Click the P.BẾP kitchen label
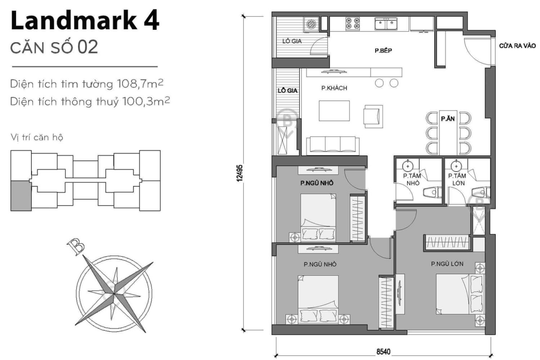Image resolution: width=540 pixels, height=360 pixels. click(383, 51)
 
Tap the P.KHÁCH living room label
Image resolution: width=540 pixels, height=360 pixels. click(334, 88)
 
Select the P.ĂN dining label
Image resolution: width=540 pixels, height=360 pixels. click(448, 119)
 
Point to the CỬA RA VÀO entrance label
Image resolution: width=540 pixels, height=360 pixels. click(517, 46)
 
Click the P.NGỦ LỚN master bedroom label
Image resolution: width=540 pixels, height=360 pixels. click(447, 264)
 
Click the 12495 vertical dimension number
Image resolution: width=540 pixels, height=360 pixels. click(240, 173)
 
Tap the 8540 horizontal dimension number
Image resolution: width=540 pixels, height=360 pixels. click(383, 352)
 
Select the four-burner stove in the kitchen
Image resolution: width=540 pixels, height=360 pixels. click(353, 23)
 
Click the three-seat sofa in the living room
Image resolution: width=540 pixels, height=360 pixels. click(333, 146)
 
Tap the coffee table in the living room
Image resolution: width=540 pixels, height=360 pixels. click(334, 111)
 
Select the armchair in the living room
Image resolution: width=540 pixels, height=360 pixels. click(373, 117)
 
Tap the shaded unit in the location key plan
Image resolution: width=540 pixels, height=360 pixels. click(21, 196)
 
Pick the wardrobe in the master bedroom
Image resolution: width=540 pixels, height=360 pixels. click(447, 242)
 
